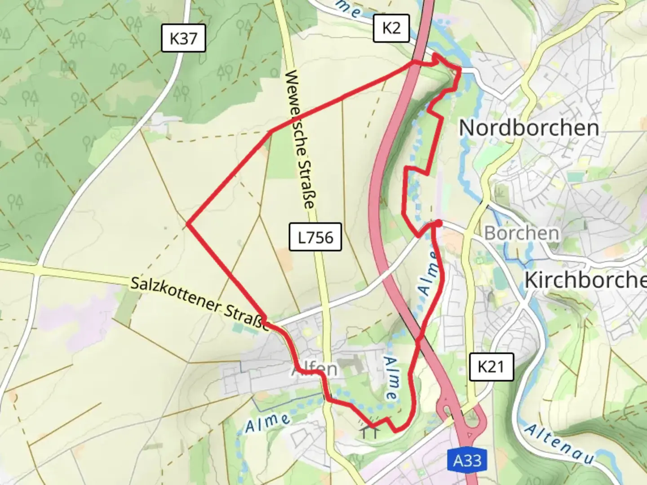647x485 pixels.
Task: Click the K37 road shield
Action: (183, 39)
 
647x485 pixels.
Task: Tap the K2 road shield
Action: (391, 28)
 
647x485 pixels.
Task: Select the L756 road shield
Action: (315, 237)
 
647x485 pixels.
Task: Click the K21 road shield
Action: (491, 366)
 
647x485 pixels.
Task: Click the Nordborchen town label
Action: (529, 128)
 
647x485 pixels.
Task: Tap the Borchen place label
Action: (522, 233)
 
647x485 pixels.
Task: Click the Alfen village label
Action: (315, 369)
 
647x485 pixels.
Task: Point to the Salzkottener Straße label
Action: (200, 304)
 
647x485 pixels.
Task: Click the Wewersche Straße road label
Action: (300, 139)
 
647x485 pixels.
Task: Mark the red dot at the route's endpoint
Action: (439, 223)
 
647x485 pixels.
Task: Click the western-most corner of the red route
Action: (187, 223)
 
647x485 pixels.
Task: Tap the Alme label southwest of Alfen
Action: (267, 422)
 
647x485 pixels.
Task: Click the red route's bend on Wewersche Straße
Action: (270, 131)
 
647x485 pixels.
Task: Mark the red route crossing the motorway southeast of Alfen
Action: (419, 340)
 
